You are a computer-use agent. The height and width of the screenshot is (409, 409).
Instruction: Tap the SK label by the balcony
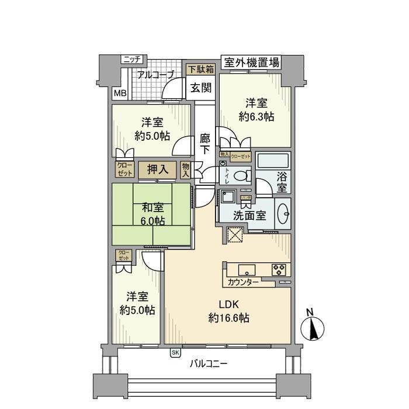[175, 352]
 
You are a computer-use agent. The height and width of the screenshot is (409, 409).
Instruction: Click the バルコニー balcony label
[209, 364]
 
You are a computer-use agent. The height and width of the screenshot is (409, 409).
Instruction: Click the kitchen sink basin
[247, 269]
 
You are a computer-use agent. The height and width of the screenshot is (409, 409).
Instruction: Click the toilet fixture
[240, 175]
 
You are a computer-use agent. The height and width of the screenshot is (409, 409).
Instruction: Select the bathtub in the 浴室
[273, 161]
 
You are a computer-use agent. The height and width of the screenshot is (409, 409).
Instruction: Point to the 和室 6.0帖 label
[152, 214]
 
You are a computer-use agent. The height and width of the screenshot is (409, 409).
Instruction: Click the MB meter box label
[119, 93]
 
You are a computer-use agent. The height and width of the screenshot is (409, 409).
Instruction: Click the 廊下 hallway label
[204, 144]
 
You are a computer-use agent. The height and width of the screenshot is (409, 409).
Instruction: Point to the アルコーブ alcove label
[156, 74]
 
